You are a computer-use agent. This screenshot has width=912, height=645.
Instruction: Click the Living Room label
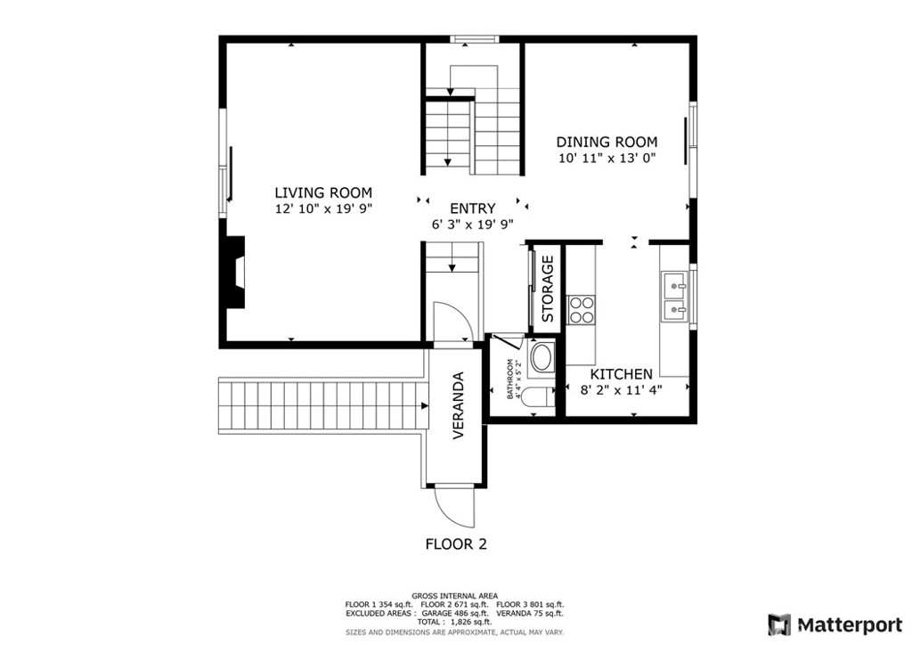tap(322, 192)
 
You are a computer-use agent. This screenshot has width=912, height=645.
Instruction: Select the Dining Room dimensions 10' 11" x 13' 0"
tap(607, 159)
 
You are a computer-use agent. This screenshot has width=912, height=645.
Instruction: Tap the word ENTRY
tap(472, 208)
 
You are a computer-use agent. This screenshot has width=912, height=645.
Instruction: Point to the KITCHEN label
tap(622, 374)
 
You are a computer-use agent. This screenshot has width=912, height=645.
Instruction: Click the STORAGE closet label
tap(548, 289)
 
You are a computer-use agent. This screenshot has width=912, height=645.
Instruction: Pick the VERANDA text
tap(459, 404)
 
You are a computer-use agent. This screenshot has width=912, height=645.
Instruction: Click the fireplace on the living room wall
tap(234, 273)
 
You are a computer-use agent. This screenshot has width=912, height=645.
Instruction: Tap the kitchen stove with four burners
tap(582, 308)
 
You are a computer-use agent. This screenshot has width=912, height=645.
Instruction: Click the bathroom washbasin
tap(541, 359)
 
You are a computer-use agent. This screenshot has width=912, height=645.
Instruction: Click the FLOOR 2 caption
tap(456, 544)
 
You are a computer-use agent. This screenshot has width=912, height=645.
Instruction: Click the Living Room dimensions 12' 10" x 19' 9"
tap(322, 208)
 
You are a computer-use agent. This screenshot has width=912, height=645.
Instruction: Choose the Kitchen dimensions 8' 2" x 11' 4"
tap(622, 389)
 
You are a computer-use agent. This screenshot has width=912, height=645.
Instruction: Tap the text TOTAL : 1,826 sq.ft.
tap(454, 622)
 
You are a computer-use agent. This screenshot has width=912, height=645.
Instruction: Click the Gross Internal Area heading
tap(454, 596)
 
